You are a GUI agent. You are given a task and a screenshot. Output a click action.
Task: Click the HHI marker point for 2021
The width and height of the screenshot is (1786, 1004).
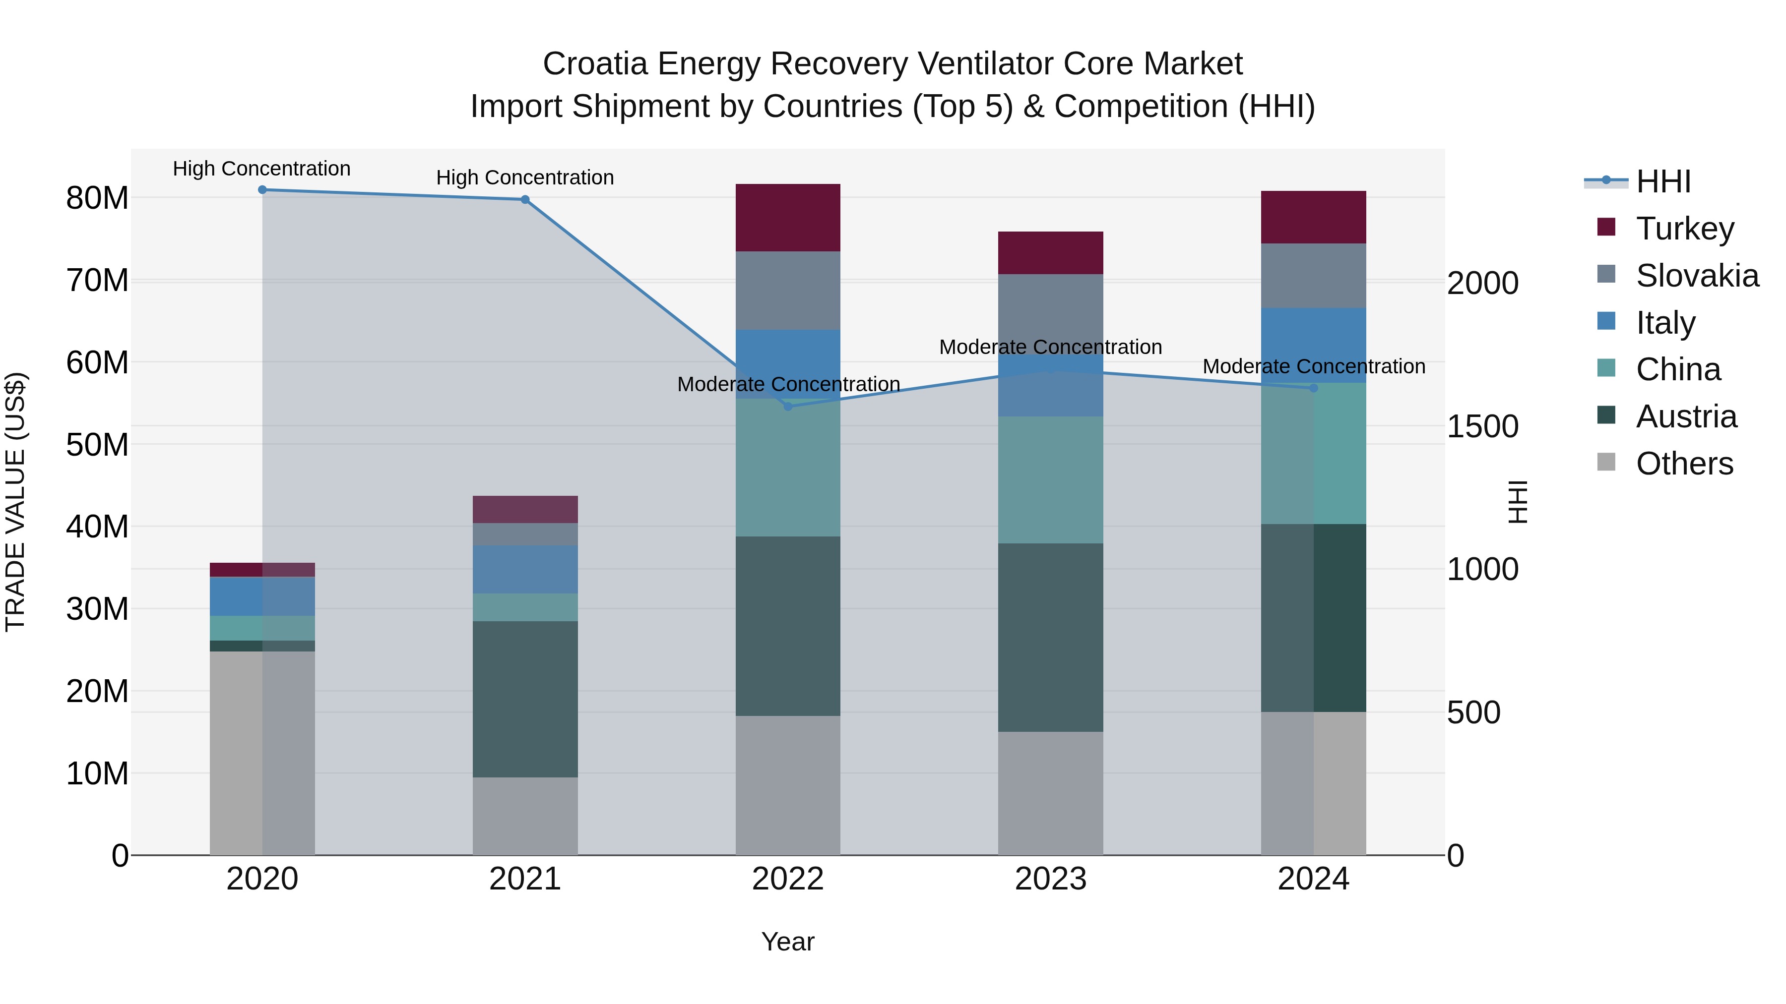click(525, 199)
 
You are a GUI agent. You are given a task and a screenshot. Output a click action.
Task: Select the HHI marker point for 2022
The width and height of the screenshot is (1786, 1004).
click(788, 407)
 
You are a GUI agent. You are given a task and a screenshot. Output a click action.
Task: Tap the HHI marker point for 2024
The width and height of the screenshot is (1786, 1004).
click(1313, 388)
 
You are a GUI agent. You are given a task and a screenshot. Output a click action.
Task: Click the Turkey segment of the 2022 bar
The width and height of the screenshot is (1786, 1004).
click(788, 218)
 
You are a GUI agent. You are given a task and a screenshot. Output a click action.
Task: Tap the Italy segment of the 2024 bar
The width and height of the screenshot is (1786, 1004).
click(1313, 345)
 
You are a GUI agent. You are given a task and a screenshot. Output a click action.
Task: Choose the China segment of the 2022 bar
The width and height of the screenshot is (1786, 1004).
click(788, 467)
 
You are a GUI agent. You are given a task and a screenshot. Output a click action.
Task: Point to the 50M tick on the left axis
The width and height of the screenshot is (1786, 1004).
click(97, 445)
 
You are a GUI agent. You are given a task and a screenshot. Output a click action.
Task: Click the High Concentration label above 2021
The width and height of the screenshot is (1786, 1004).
click(525, 177)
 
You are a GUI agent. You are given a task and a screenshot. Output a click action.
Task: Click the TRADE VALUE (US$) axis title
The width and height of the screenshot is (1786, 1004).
click(15, 502)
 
